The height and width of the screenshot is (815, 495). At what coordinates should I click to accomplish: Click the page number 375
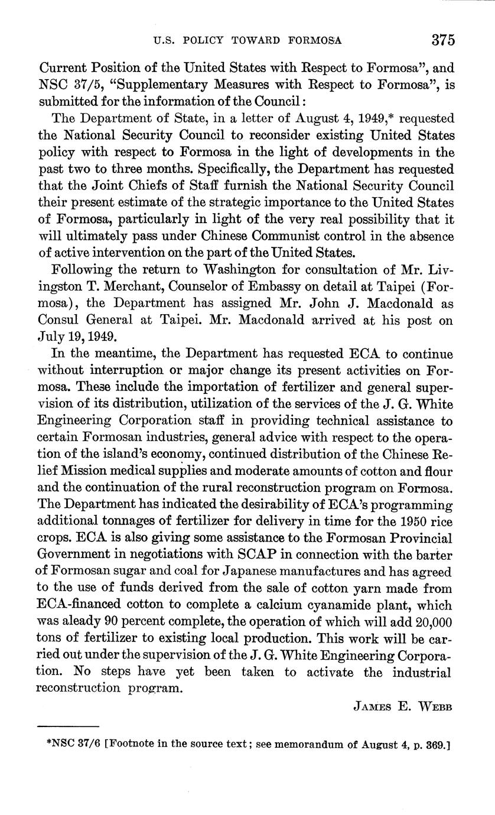click(442, 40)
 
